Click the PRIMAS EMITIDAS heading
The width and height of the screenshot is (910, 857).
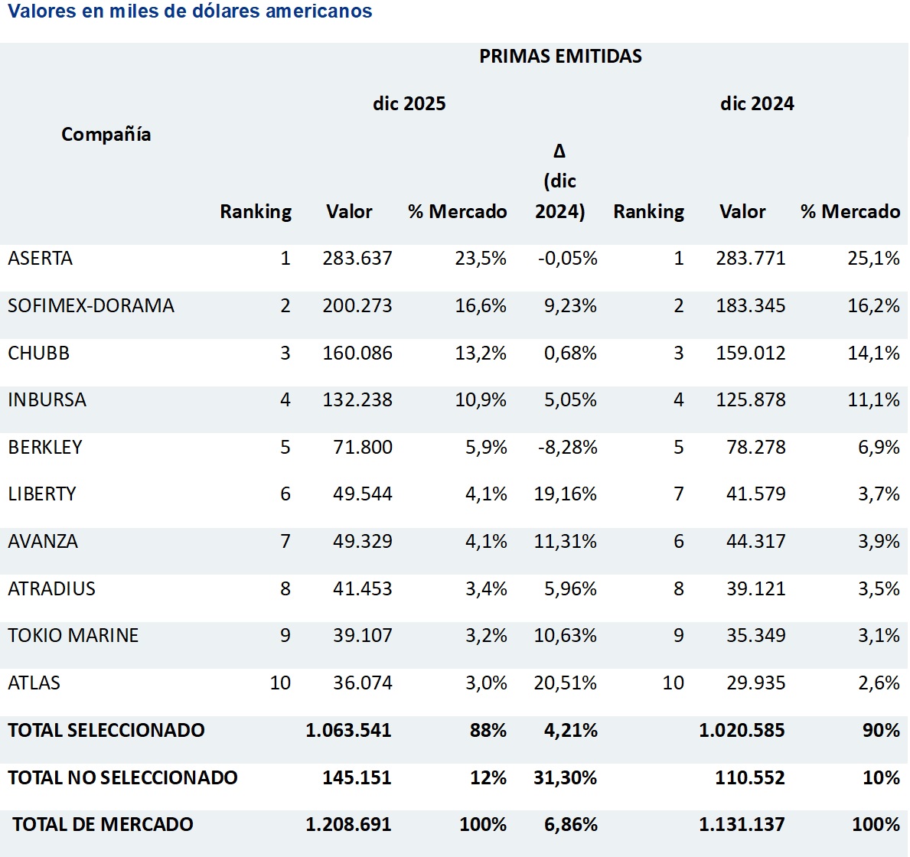[x=560, y=56]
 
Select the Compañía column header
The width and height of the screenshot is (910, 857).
[x=106, y=135]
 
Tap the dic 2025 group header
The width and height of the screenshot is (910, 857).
[x=409, y=103]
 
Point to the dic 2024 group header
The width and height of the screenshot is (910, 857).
[x=756, y=103]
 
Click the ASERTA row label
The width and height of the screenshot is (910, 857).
[x=41, y=259]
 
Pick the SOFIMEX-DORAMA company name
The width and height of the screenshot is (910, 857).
[x=91, y=306]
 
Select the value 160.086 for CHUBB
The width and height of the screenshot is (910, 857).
[x=357, y=354]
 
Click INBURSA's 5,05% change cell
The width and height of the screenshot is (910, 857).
[x=570, y=400]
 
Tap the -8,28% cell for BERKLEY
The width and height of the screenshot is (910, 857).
[x=567, y=448]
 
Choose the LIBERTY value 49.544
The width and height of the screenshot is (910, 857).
[x=362, y=494]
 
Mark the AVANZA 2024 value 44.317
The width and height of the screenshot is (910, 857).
[x=755, y=542]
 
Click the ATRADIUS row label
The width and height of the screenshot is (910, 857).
[x=52, y=589]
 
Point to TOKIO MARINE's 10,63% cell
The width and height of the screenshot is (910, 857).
[x=566, y=636]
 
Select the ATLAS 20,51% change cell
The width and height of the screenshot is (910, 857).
[x=566, y=683]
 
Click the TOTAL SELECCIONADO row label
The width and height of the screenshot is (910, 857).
[x=106, y=731]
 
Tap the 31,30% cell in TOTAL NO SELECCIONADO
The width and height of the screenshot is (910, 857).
[x=566, y=778]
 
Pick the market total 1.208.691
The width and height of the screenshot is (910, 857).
[x=348, y=825]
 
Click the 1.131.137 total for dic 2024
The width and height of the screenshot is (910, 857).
[x=742, y=825]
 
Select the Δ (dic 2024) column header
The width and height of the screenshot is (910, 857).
[x=559, y=181]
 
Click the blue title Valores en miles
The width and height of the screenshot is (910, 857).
[x=190, y=11]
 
